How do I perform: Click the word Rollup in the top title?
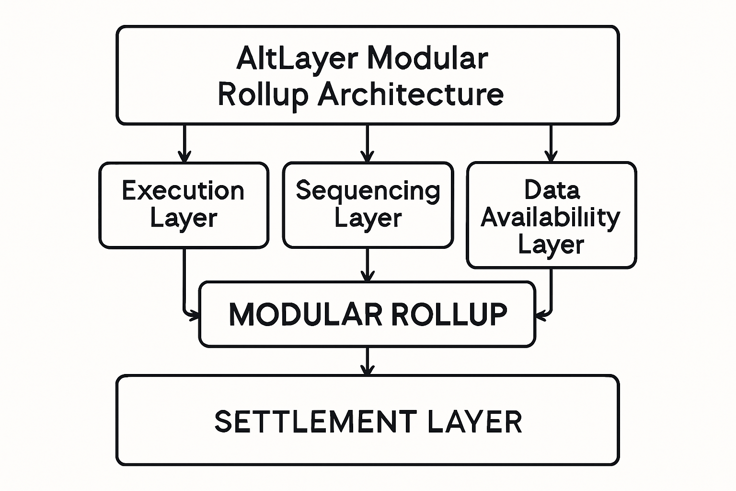263,94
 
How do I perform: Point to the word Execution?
183,191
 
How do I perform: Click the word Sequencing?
368,191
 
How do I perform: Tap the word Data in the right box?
552,190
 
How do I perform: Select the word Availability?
550,217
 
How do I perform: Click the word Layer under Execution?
184,219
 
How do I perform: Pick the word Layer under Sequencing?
368,219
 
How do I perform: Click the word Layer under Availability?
551,245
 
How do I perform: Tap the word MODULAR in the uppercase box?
305,315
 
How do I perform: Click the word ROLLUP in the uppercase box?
449,315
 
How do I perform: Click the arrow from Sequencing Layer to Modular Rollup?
367,265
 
